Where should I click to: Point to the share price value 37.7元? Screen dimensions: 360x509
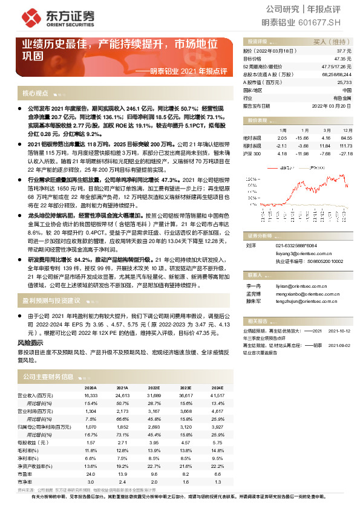click(344, 51)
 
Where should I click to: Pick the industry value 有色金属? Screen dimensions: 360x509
click(342, 97)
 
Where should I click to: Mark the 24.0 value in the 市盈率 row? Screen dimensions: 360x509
click(91, 475)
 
